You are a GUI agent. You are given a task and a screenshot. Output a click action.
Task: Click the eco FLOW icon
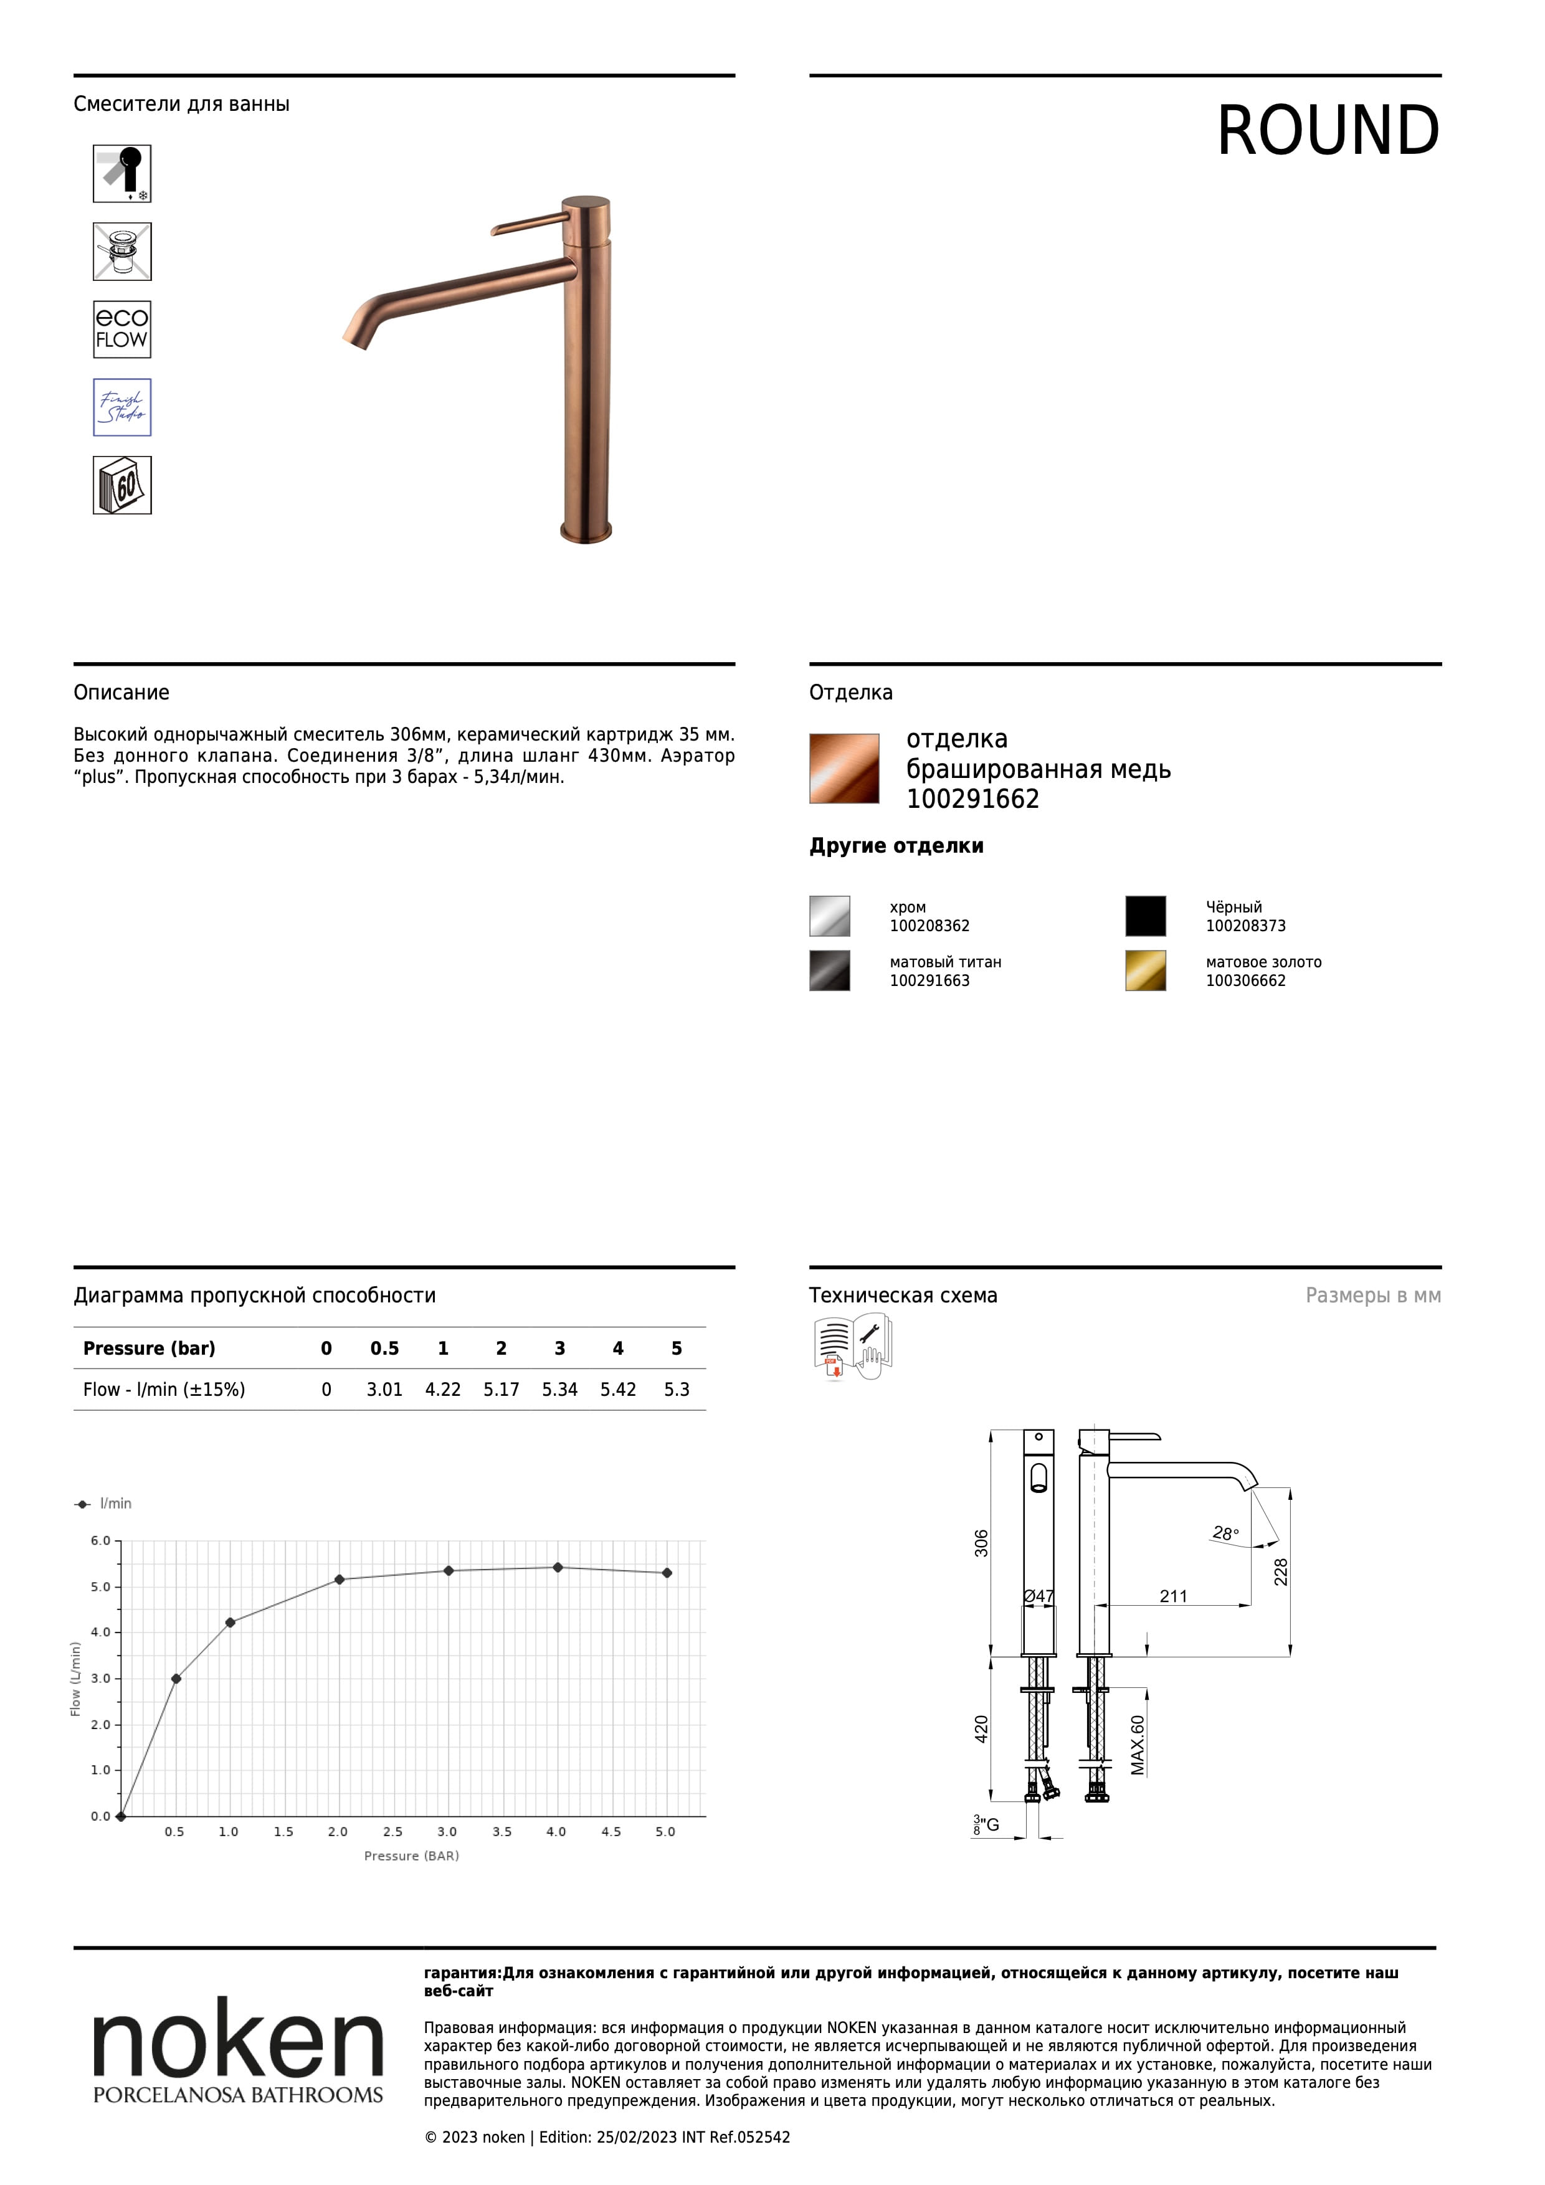tap(122, 329)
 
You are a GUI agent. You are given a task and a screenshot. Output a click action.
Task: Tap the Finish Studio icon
tap(122, 407)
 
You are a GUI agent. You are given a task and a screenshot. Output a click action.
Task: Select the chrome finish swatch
tap(829, 916)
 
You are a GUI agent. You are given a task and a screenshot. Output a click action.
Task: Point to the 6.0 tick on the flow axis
tap(101, 1541)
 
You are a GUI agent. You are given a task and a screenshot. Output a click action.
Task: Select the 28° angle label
tap(1225, 1533)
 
